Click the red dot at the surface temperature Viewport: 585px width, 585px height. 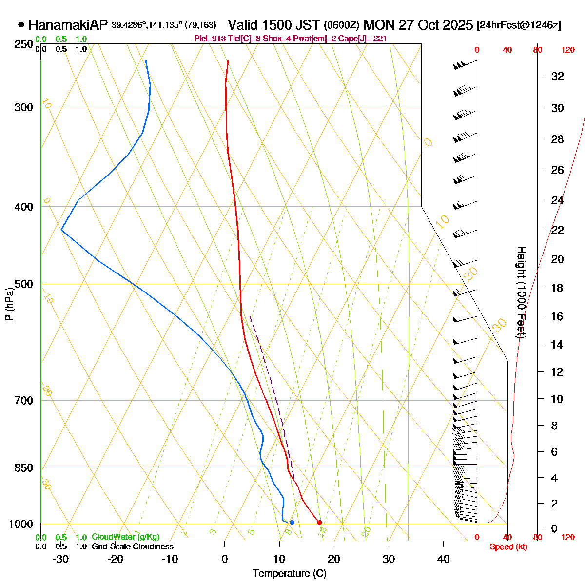(319, 523)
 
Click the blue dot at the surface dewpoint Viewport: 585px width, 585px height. (292, 523)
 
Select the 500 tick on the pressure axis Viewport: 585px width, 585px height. (24, 284)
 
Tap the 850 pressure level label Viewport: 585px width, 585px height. (24, 468)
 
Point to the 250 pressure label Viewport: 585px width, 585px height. (24, 45)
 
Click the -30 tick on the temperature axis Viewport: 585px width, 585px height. (60, 559)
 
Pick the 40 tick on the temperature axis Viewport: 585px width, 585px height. (443, 559)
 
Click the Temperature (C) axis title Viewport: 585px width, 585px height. (290, 574)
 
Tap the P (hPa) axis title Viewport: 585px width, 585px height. (9, 305)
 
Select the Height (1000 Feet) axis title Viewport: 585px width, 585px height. (521, 292)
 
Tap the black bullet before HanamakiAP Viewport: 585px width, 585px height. (21, 24)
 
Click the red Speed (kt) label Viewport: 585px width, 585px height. (508, 547)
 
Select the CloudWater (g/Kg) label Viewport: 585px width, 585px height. (125, 537)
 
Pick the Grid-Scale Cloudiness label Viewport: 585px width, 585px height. (132, 547)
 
